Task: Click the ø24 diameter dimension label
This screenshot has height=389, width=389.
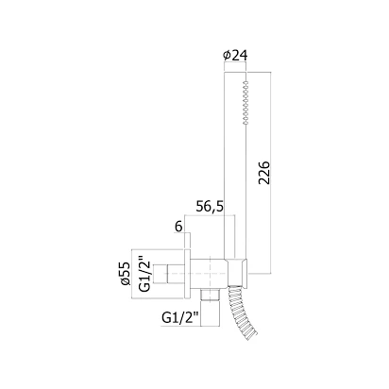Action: [235, 56]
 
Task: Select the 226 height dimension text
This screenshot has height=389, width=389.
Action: [264, 173]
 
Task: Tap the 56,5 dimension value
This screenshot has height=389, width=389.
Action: [210, 207]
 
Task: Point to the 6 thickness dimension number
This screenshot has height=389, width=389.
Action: [178, 227]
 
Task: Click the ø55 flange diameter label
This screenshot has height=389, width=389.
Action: [125, 274]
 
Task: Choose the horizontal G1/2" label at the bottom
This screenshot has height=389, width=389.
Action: [181, 318]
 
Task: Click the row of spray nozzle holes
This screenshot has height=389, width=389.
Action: [245, 103]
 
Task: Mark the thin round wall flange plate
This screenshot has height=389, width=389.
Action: [188, 274]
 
